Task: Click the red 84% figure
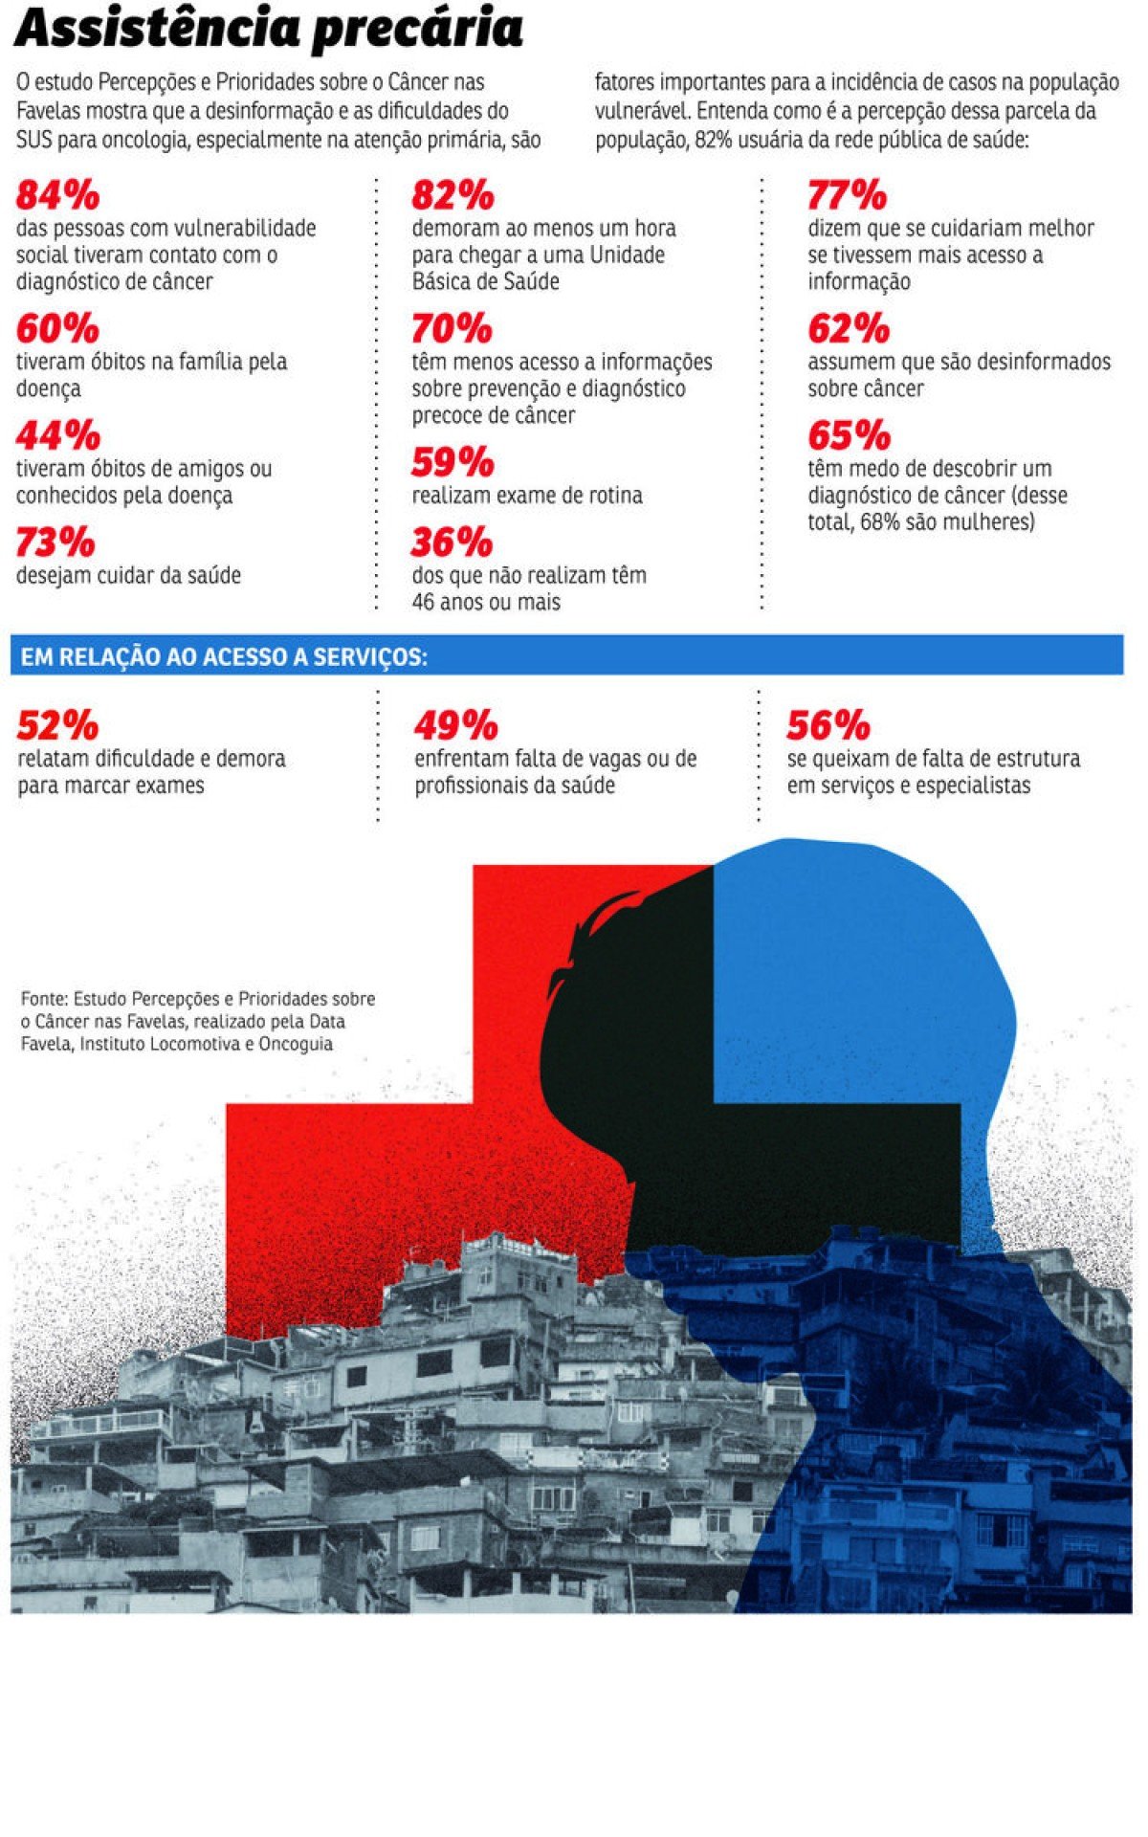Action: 57,196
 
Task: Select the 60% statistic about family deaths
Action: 57,329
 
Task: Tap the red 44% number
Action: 57,436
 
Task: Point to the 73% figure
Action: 55,542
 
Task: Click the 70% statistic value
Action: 452,329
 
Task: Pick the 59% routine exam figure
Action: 453,463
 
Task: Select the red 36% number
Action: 452,542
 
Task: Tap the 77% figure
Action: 847,196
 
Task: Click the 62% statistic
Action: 848,329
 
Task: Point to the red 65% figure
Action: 849,436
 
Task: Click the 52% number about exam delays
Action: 57,726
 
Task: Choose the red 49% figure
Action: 455,726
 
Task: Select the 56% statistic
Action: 828,726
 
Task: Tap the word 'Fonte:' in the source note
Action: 44,999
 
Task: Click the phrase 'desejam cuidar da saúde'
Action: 128,576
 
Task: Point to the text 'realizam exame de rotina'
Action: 527,496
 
